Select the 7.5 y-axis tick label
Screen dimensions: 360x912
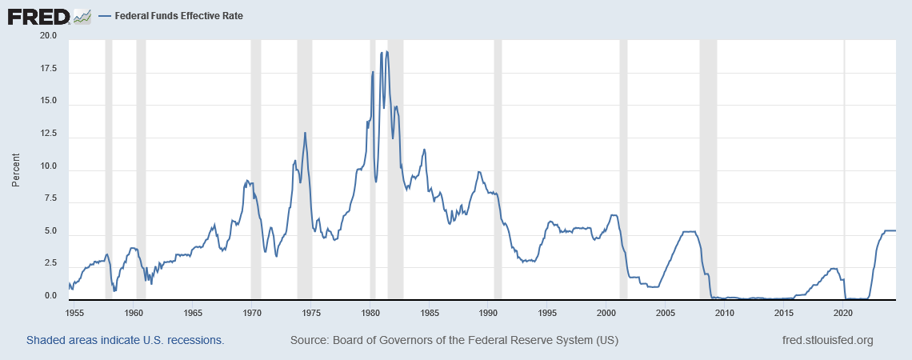pos(50,199)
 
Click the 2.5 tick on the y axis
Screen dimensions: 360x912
pos(50,264)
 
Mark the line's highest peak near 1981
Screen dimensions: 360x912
pos(387,52)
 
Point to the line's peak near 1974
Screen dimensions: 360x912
pos(305,133)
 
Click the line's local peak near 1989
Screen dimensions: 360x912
pos(478,172)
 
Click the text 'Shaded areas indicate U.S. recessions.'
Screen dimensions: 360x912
pos(125,340)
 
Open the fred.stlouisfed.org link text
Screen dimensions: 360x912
pos(827,340)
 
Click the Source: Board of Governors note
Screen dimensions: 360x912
pos(454,340)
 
